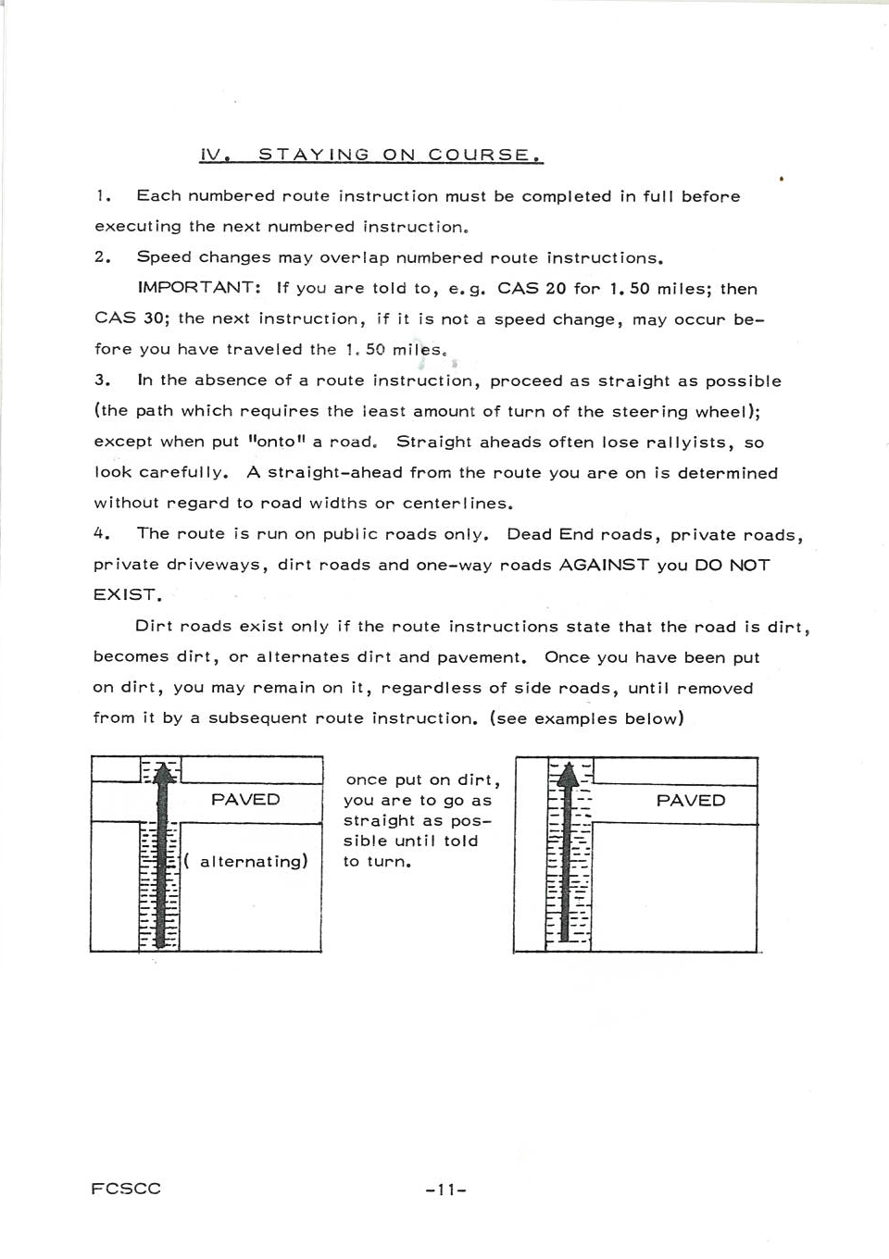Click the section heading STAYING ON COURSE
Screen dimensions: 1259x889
(x=400, y=155)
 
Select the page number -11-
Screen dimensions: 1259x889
(x=445, y=1190)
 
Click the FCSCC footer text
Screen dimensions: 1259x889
(x=126, y=1189)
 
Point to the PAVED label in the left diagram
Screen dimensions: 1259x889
(x=245, y=800)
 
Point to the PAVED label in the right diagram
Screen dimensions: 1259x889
(x=691, y=801)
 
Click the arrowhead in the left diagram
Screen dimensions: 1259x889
(x=164, y=772)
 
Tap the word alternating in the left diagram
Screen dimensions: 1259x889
(x=252, y=862)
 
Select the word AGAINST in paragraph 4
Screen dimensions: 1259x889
(x=604, y=565)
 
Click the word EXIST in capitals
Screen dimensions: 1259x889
(x=126, y=595)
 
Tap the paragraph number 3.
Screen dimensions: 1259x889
(x=102, y=380)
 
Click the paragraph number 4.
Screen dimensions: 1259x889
(x=102, y=534)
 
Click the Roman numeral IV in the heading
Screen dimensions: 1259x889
(x=214, y=155)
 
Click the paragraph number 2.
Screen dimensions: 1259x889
(x=102, y=257)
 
